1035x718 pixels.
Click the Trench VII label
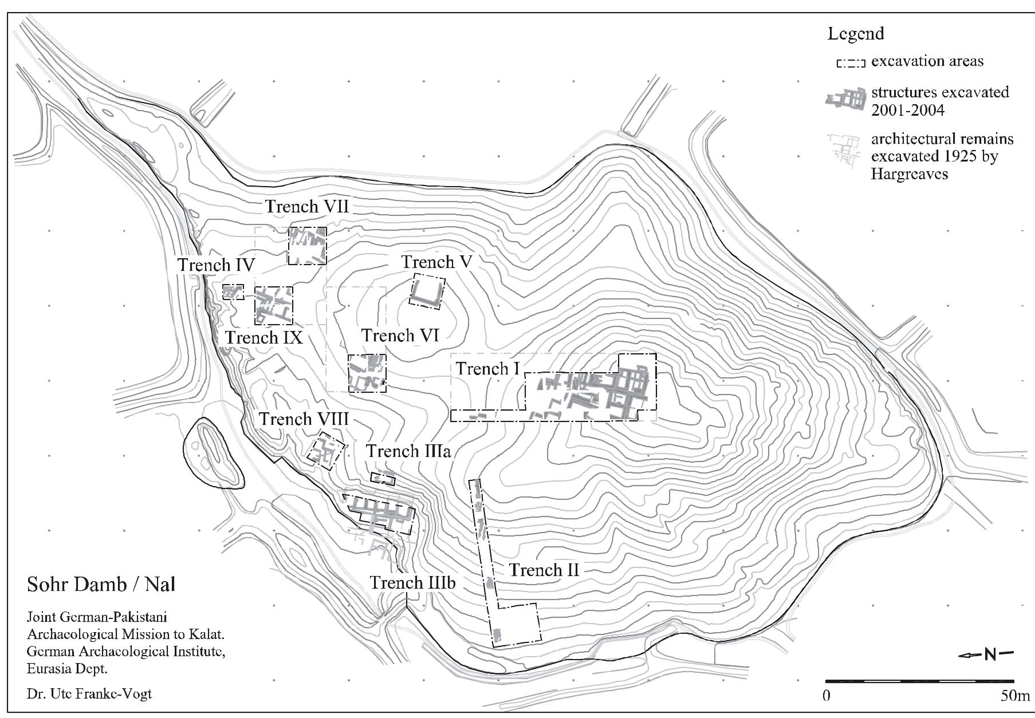click(306, 206)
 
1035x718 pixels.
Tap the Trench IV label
click(216, 265)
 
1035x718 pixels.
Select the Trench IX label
click(263, 337)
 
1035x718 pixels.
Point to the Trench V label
click(436, 262)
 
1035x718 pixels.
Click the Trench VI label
click(400, 335)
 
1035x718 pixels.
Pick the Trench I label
click(487, 369)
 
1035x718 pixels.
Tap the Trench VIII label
click(303, 419)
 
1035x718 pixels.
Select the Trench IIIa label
click(408, 451)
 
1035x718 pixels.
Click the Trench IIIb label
click(412, 583)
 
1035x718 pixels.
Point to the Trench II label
click(544, 570)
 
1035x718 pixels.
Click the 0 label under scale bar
click(826, 696)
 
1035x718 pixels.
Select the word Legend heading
click(856, 34)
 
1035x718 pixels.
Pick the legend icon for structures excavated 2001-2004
click(845, 100)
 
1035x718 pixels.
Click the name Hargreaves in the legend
click(910, 174)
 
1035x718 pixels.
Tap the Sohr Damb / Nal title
click(101, 585)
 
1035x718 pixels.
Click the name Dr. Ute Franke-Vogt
click(89, 694)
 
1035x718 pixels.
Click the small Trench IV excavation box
click(233, 292)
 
